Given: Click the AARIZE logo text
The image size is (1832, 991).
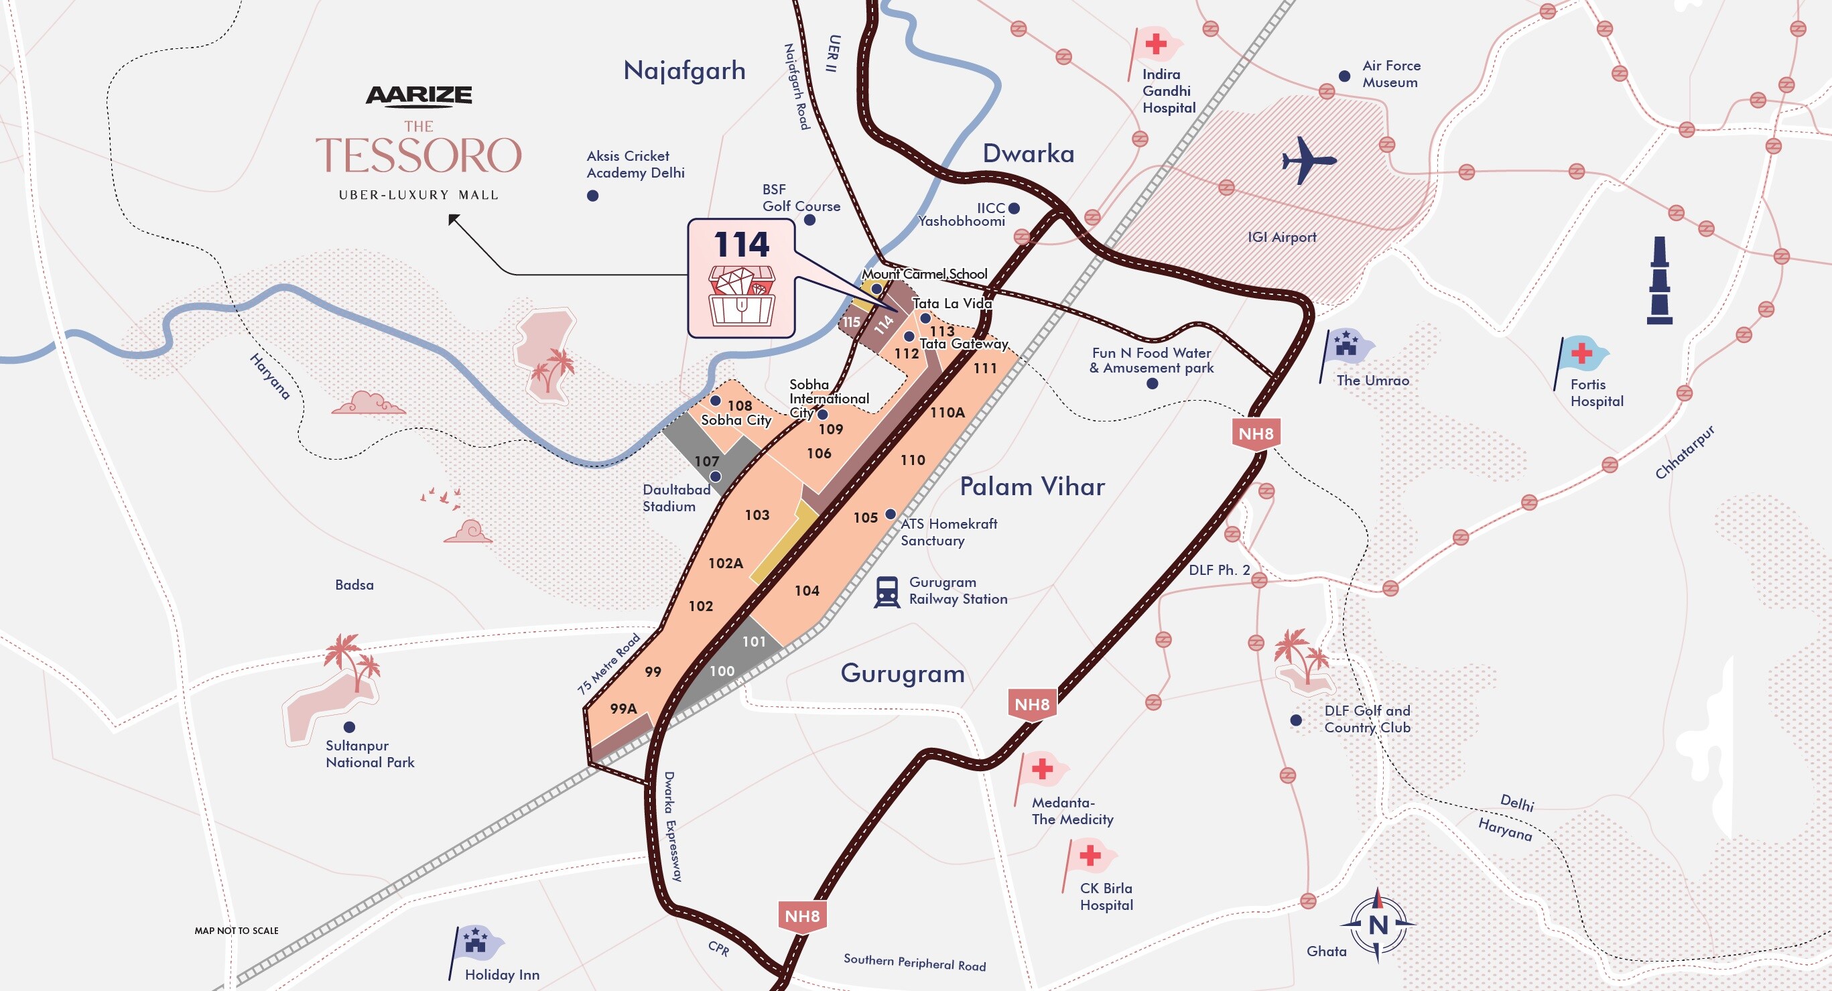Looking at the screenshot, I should pos(419,95).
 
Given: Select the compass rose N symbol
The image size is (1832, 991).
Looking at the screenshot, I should pos(1378,925).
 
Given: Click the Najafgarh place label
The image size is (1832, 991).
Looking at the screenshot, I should pos(684,70).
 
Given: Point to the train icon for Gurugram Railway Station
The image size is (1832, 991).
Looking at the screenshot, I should pos(886,592).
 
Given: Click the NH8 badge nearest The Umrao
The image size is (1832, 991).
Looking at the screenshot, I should pos(1255,434).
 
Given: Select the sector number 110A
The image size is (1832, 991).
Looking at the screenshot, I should pos(947,412).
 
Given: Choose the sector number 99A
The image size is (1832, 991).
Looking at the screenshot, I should pos(623,708).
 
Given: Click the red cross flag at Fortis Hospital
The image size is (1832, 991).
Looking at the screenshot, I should pos(1581,353).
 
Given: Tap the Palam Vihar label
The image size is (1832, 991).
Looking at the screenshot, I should pos(1032,487).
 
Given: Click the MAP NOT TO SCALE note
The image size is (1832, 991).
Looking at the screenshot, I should pos(236,931).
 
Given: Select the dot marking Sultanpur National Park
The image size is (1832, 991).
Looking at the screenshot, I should pos(349,726).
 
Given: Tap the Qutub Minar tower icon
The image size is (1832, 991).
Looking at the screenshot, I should pos(1659,281).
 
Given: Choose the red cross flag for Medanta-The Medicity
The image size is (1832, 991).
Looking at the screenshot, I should pos(1043,769).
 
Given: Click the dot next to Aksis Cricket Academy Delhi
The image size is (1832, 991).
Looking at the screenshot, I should pos(592,196).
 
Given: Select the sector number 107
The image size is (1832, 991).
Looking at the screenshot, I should pos(706,462).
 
